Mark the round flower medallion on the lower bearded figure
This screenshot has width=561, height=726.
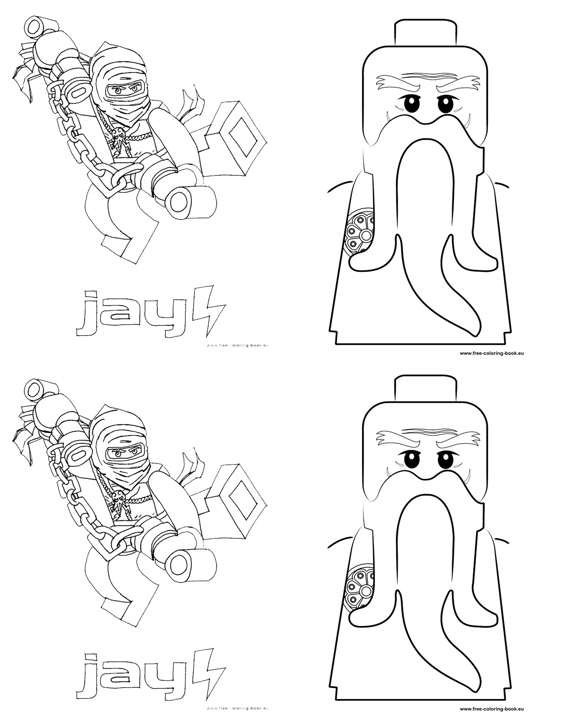[x=359, y=589]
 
